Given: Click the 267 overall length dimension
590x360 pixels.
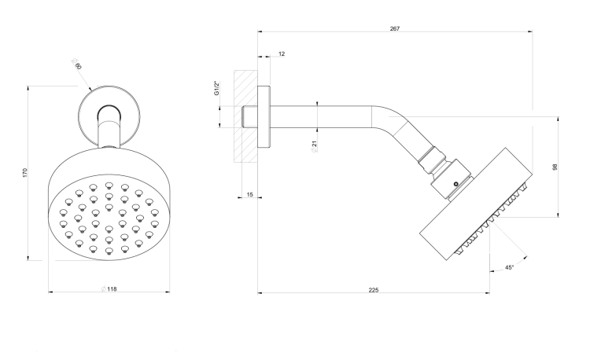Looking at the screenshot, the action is pyautogui.click(x=395, y=28).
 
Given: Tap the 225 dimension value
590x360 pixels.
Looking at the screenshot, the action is pyautogui.click(x=373, y=290).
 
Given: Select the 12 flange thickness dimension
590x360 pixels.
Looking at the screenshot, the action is pyautogui.click(x=282, y=54).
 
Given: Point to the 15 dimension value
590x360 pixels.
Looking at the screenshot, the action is pyautogui.click(x=250, y=195).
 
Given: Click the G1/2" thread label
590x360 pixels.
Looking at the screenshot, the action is pyautogui.click(x=217, y=88).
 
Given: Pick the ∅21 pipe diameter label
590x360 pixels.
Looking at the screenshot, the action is pyautogui.click(x=315, y=145).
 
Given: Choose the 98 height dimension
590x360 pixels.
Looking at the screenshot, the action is pyautogui.click(x=555, y=167).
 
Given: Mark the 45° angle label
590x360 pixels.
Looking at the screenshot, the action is pyautogui.click(x=509, y=267).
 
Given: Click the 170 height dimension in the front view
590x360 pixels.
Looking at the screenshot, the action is pyautogui.click(x=25, y=173).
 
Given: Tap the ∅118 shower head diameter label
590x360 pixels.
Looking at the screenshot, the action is pyautogui.click(x=109, y=289).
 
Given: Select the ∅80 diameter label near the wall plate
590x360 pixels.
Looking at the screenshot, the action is pyautogui.click(x=76, y=64).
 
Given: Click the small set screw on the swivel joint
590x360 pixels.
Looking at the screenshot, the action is pyautogui.click(x=456, y=184).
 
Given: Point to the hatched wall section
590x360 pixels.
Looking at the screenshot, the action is pyautogui.click(x=245, y=116).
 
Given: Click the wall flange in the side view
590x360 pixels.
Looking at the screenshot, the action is pyautogui.click(x=264, y=117).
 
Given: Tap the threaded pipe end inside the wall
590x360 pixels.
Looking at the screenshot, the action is pyautogui.click(x=250, y=117).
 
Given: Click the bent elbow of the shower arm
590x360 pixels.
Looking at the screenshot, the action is pyautogui.click(x=391, y=119).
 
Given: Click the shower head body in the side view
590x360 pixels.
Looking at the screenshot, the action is pyautogui.click(x=476, y=204).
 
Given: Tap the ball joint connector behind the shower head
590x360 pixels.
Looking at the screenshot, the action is pyautogui.click(x=452, y=178).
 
